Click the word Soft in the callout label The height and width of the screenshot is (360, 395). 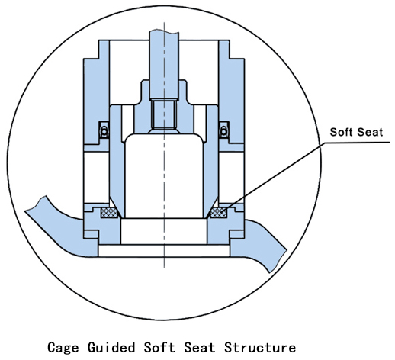pyautogui.click(x=341, y=132)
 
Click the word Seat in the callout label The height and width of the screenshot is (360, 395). pyautogui.click(x=370, y=132)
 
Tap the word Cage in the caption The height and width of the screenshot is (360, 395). pyautogui.click(x=63, y=347)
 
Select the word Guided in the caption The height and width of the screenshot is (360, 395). pyautogui.click(x=111, y=347)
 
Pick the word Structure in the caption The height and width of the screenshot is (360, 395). pyautogui.click(x=260, y=347)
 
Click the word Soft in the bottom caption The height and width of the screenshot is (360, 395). pyautogui.click(x=159, y=347)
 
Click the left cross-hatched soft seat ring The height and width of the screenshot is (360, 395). pyautogui.click(x=110, y=213)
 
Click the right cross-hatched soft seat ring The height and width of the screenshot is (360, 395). pyautogui.click(x=218, y=213)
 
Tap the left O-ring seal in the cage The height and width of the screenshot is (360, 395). pyautogui.click(x=104, y=131)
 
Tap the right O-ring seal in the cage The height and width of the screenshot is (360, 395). pyautogui.click(x=223, y=131)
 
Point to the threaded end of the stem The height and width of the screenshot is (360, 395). pyautogui.click(x=164, y=114)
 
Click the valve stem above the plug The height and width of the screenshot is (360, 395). pyautogui.click(x=164, y=66)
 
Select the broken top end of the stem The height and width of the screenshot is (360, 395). pyautogui.click(x=164, y=31)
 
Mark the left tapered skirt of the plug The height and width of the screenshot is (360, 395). pyautogui.click(x=117, y=162)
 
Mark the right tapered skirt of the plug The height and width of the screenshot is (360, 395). pyautogui.click(x=210, y=162)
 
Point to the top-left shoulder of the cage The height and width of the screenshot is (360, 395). pyautogui.click(x=98, y=50)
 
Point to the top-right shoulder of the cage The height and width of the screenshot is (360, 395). pyautogui.click(x=230, y=50)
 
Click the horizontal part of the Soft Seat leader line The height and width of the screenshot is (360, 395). pyautogui.click(x=357, y=143)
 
